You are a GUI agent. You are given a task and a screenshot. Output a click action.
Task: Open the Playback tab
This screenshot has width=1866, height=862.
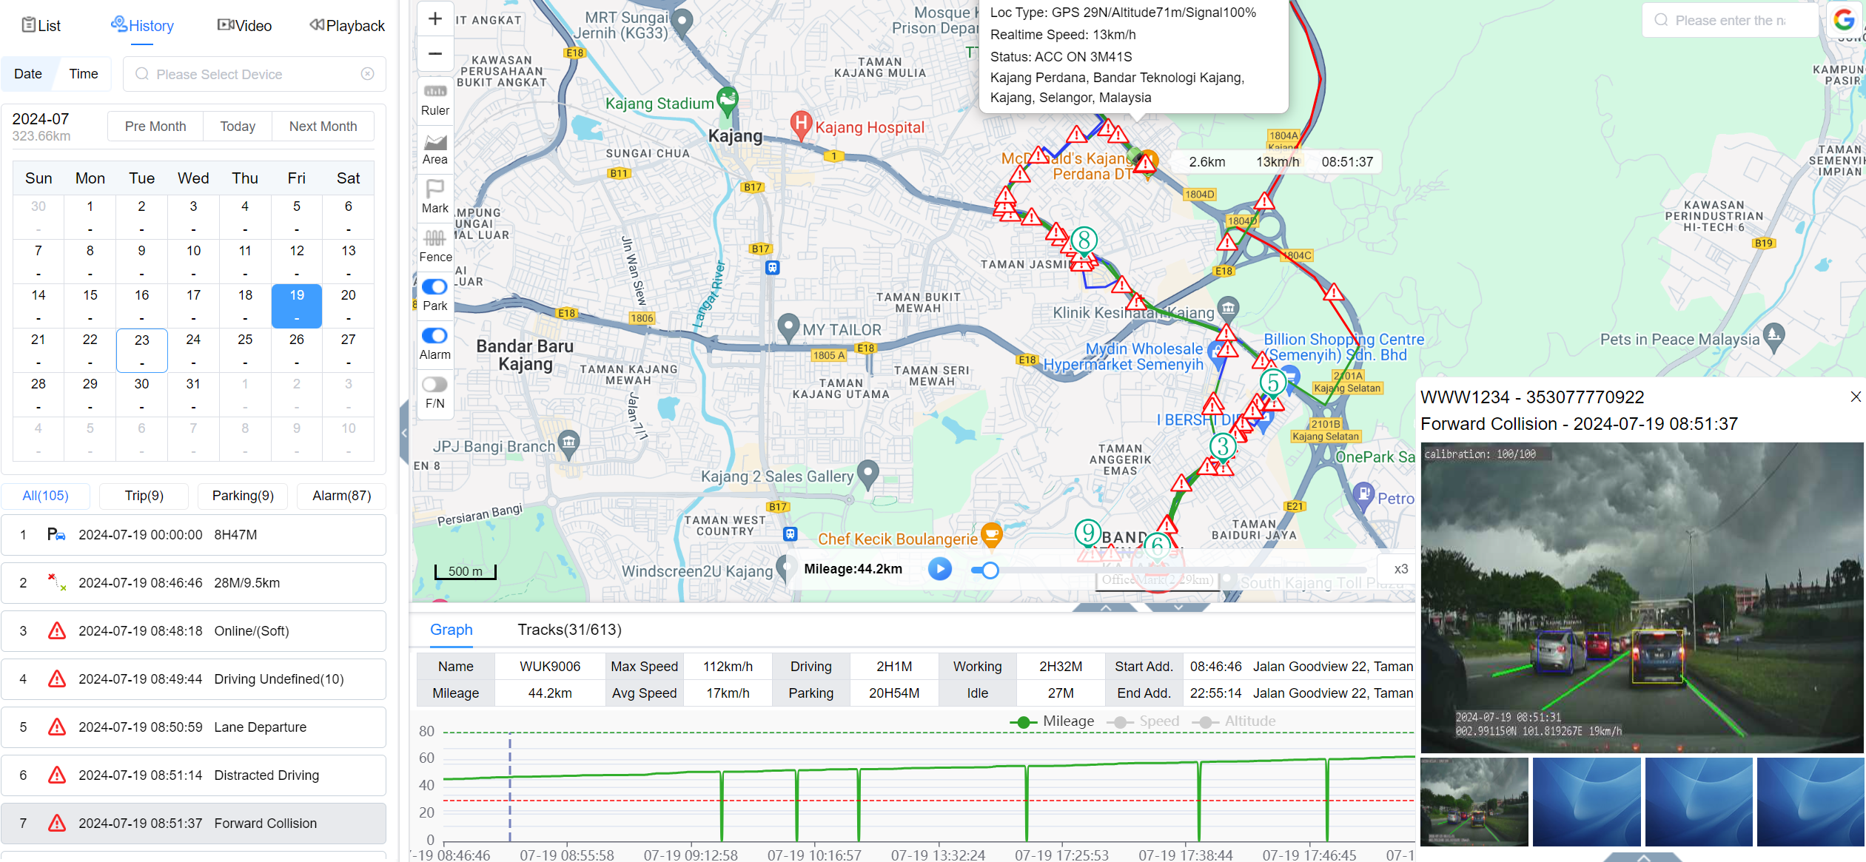tap(347, 26)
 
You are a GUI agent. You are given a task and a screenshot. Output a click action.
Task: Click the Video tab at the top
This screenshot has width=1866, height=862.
tap(245, 26)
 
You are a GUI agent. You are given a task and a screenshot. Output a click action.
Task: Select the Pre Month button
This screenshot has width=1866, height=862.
tap(155, 127)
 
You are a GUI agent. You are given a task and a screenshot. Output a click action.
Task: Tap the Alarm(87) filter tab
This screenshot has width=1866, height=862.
tap(341, 496)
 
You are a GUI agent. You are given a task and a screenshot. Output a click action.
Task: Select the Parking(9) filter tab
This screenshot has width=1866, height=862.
tap(243, 496)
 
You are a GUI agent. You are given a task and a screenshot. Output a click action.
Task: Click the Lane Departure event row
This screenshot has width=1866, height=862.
tap(193, 727)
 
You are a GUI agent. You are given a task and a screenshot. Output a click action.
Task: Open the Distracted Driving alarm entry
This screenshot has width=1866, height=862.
tap(193, 775)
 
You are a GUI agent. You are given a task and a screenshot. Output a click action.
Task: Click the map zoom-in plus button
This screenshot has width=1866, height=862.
tap(435, 19)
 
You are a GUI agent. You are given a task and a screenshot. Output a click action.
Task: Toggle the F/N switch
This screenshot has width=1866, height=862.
tap(435, 385)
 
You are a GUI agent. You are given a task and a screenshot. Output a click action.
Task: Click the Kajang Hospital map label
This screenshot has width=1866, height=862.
tap(869, 127)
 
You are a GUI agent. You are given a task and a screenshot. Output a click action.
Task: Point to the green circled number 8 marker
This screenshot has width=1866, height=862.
tap(1084, 240)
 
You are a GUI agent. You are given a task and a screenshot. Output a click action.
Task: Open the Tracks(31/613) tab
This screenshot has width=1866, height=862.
tap(569, 630)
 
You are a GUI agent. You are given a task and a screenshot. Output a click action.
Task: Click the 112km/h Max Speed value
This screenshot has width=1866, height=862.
tap(728, 667)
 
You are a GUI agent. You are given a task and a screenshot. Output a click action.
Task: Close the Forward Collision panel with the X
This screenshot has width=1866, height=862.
tap(1856, 397)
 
